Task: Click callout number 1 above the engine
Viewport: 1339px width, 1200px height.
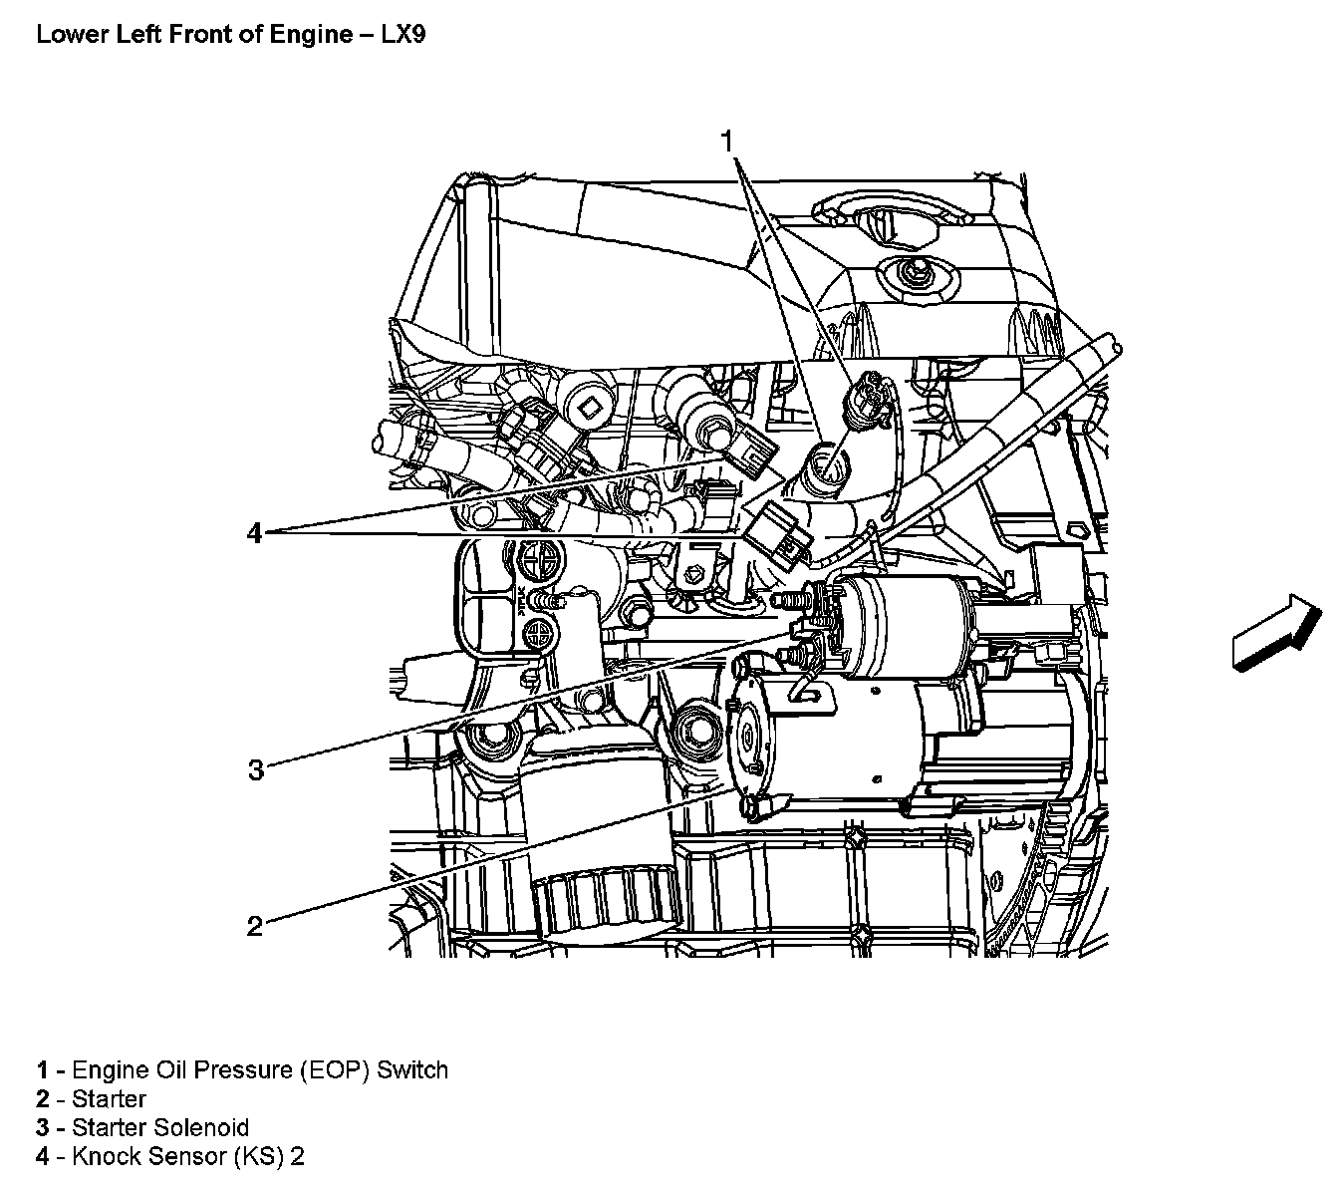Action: click(728, 141)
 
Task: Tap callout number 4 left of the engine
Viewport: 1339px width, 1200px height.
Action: click(255, 534)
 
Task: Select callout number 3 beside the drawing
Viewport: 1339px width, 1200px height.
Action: click(256, 769)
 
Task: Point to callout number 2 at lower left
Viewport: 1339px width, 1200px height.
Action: click(255, 926)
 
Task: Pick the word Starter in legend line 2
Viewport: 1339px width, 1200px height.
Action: click(110, 1099)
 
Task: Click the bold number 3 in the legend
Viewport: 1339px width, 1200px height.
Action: click(42, 1128)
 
